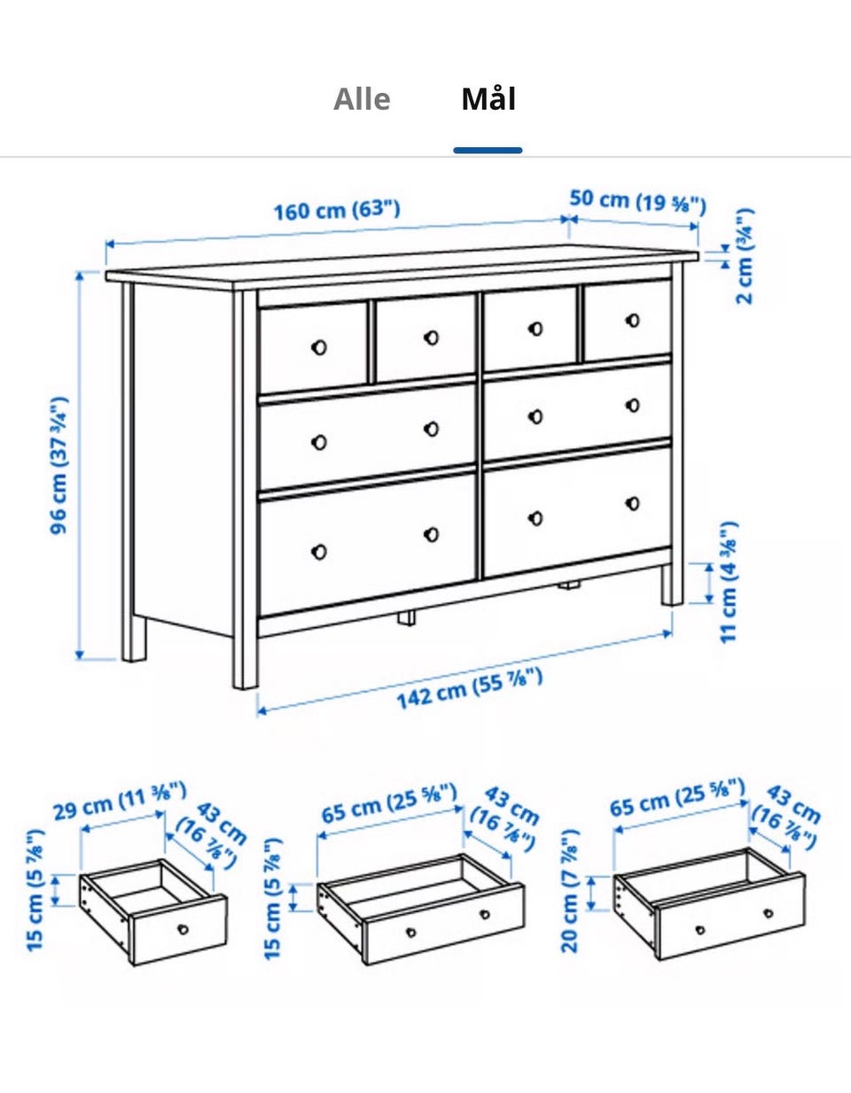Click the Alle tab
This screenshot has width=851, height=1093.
pos(362,99)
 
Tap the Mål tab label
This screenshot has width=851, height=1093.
pos(488,99)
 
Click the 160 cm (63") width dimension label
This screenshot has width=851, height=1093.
pos(337,210)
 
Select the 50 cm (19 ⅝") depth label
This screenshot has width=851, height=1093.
pos(637,201)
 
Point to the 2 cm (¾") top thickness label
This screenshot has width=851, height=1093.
pos(744,256)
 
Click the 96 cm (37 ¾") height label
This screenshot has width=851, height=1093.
pos(59,466)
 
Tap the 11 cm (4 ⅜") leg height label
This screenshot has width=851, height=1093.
pos(729,582)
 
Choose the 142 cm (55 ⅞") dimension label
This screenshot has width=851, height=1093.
pos(470,688)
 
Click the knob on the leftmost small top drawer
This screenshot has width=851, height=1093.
pos(318,347)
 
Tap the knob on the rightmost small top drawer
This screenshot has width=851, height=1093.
pos(633,321)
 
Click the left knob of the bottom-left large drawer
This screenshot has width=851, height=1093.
pos(318,552)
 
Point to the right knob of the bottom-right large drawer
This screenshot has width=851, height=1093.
pos(633,503)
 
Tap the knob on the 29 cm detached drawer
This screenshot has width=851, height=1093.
pos(183,928)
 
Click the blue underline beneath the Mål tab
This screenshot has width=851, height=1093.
pos(488,150)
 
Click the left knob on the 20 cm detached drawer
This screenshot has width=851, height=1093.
pos(700,929)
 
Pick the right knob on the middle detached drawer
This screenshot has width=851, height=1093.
pos(485,914)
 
